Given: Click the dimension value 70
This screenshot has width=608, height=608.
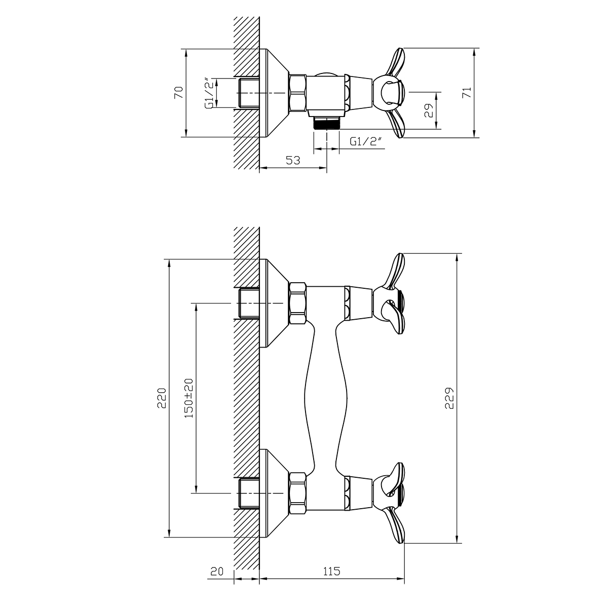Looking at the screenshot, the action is coord(179,92).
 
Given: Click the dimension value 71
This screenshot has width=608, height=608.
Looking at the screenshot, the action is coord(467,92).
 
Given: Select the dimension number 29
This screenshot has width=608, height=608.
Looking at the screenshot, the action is coord(429,111).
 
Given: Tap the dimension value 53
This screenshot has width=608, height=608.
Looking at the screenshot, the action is coord(293,160).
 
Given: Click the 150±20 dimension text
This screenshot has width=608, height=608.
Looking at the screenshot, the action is coord(188,398).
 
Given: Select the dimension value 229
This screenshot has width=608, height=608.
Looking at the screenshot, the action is coord(449,398).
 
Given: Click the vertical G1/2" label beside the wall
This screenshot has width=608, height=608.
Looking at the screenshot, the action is coord(210,93).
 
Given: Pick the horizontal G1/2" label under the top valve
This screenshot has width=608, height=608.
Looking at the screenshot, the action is coord(366,141).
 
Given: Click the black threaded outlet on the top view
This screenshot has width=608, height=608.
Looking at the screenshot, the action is coord(326,123).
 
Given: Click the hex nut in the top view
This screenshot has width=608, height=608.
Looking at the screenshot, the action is coord(298,93).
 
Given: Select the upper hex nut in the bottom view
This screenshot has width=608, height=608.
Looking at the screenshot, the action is coord(298,303).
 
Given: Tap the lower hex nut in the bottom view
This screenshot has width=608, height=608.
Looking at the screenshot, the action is coord(298,493).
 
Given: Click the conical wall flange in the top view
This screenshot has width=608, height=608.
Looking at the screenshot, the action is coord(274,93).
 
